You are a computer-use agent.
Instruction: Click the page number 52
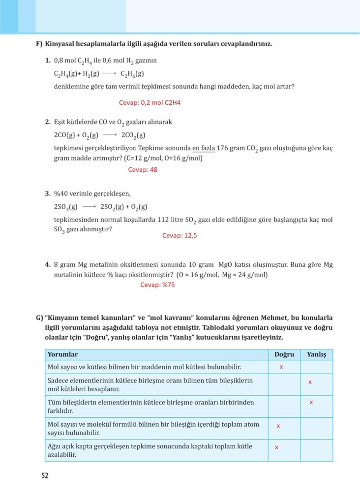click(x=45, y=476)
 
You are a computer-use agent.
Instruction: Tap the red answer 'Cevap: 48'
click(x=143, y=169)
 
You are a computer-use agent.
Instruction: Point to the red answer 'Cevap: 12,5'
click(x=180, y=235)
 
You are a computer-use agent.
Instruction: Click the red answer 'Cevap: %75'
click(x=158, y=284)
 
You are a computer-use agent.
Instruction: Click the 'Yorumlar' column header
click(x=62, y=354)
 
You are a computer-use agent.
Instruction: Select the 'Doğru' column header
click(x=284, y=354)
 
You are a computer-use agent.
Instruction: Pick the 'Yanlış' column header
click(x=316, y=354)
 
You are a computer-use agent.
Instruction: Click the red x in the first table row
click(x=281, y=367)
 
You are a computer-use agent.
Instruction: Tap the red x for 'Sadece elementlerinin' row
click(x=310, y=382)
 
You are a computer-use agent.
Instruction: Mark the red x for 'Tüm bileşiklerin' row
click(x=311, y=402)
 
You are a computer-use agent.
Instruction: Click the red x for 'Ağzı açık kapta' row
click(x=276, y=447)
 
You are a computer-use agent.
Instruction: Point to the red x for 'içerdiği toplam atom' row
click(x=278, y=426)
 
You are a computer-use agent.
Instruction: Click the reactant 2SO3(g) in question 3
click(x=66, y=207)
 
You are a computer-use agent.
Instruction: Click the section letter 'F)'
click(x=39, y=44)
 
